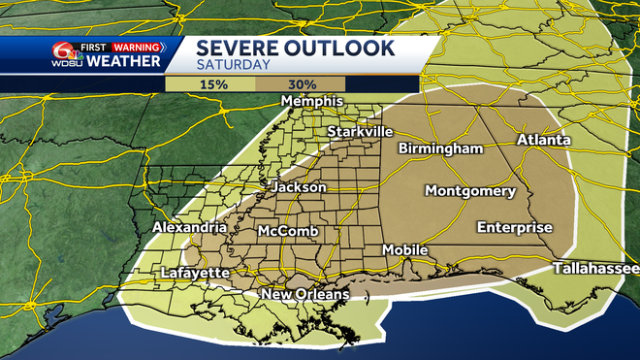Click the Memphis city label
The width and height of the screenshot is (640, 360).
click(312, 102)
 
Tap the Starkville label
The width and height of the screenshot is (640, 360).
click(359, 131)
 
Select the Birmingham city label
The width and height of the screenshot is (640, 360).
click(440, 148)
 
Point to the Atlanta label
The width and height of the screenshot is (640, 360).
click(543, 140)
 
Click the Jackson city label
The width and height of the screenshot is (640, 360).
click(294, 186)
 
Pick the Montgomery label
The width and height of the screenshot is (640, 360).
click(470, 190)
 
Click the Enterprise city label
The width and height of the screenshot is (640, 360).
click(514, 228)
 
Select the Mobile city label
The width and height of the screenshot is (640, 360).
click(404, 249)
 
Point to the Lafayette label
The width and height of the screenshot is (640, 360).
click(195, 273)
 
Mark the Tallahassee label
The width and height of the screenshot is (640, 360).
click(595, 268)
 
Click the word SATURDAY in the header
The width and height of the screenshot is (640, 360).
click(235, 64)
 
